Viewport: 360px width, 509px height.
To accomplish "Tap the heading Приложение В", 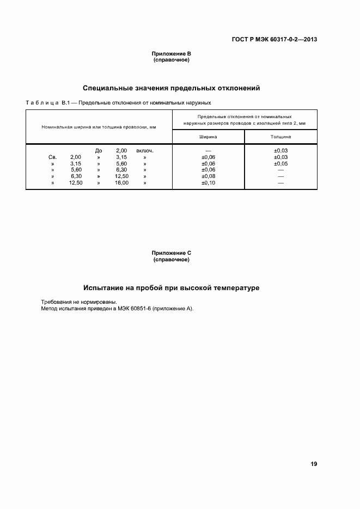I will point(171,54).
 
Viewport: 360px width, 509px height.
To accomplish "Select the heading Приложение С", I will point(171,253).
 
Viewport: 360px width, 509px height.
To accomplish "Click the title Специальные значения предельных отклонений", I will point(171,88).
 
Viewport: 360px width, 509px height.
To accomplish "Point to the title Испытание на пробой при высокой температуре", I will point(171,287).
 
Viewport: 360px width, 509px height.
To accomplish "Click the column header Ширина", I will point(208,137).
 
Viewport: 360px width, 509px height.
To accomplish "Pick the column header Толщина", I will point(280,137).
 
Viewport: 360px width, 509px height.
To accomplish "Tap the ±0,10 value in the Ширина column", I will point(208,183).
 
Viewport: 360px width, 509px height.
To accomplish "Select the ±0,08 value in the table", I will point(208,176).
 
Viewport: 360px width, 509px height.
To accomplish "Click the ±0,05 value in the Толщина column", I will point(280,163).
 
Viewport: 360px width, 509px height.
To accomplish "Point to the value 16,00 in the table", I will point(121,183).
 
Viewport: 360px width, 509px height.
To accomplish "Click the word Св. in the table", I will point(53,157).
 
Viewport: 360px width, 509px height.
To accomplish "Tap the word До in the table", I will point(99,150).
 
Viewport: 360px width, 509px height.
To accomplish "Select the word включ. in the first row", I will point(144,150).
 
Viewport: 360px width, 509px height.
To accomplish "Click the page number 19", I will point(314,464).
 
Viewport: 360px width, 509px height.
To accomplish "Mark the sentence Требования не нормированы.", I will point(79,302).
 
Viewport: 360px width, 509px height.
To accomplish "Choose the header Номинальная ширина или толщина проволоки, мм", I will point(99,127).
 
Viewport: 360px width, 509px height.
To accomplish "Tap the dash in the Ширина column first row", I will point(208,150).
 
